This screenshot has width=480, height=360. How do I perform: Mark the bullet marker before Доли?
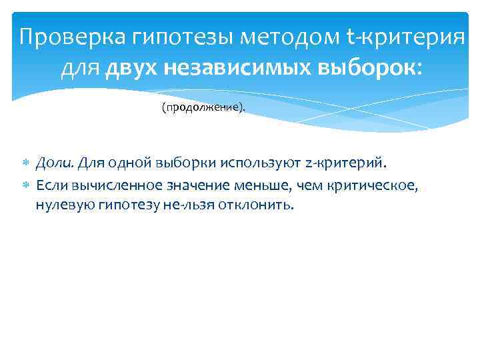[x=26, y=163]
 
